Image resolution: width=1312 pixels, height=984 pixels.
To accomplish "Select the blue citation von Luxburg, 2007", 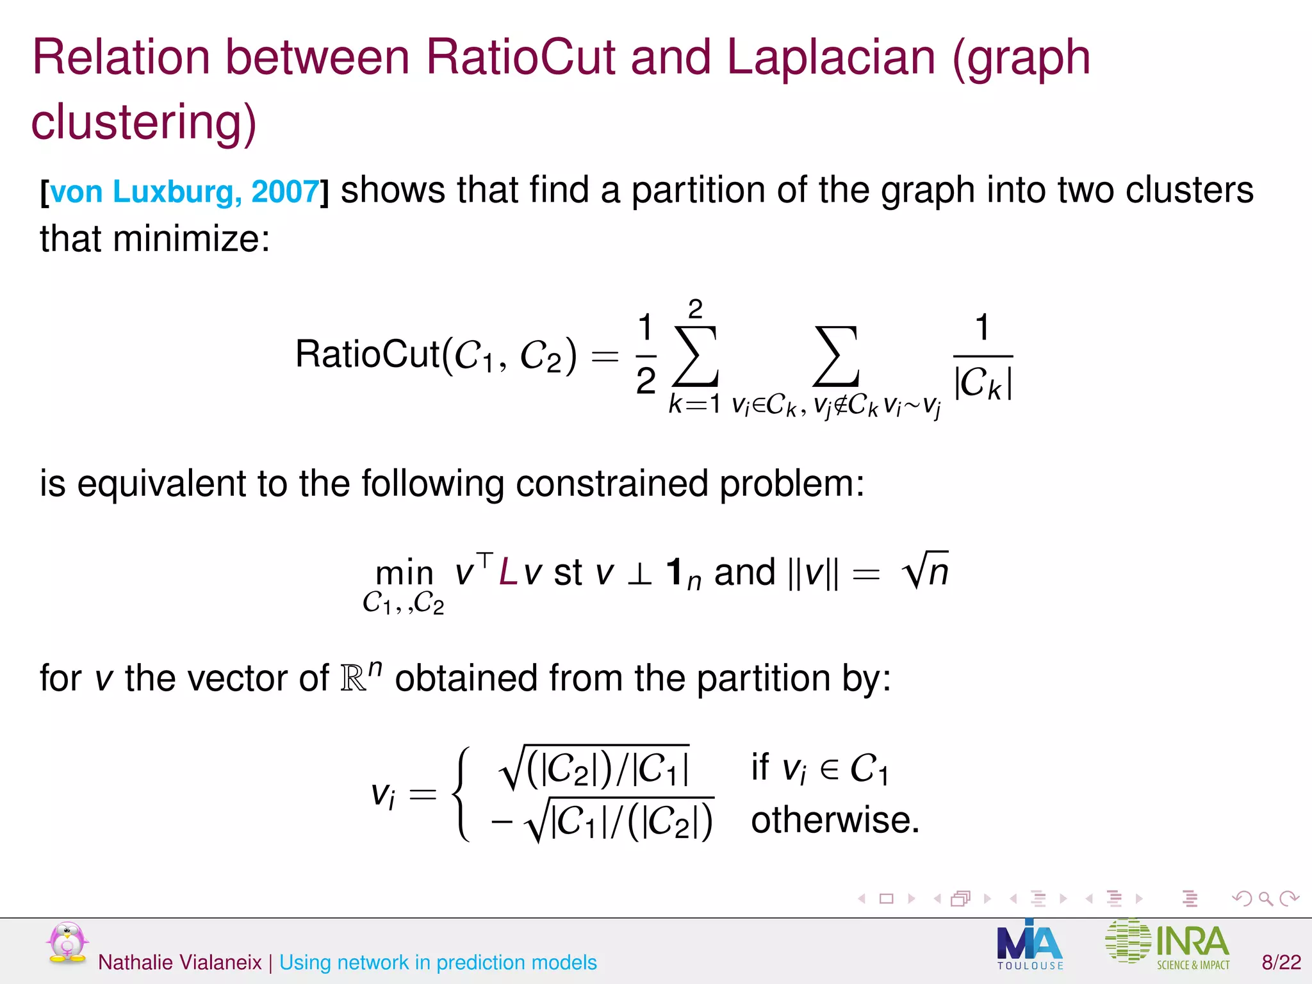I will (x=184, y=192).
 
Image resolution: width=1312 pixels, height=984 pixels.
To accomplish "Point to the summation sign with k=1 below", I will (x=695, y=356).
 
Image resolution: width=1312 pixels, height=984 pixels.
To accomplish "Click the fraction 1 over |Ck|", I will (x=983, y=357).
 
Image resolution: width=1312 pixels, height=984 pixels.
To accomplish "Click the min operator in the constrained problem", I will (x=404, y=572).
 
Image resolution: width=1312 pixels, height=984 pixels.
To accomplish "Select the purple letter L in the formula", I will (x=508, y=572).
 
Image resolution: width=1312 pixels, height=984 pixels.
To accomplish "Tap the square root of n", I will (x=924, y=570).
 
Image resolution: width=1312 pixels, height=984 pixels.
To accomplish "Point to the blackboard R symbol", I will (x=354, y=678).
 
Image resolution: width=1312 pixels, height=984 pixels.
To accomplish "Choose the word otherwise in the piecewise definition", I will (x=835, y=820).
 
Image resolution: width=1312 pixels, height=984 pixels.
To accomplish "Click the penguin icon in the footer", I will (x=67, y=943).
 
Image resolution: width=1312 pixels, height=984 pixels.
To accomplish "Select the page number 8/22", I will (x=1281, y=962).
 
